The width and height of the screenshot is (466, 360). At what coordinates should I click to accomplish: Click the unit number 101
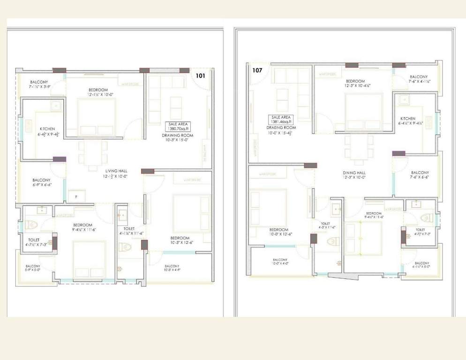tap(201, 75)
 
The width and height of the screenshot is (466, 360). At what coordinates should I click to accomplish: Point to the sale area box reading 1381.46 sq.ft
tap(280, 120)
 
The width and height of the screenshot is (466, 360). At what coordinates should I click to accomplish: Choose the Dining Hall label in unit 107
tap(354, 175)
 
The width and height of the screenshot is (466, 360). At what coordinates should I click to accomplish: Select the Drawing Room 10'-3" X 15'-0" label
tap(178, 138)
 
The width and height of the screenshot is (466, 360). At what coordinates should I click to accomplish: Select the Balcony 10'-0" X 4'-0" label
tap(280, 262)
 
